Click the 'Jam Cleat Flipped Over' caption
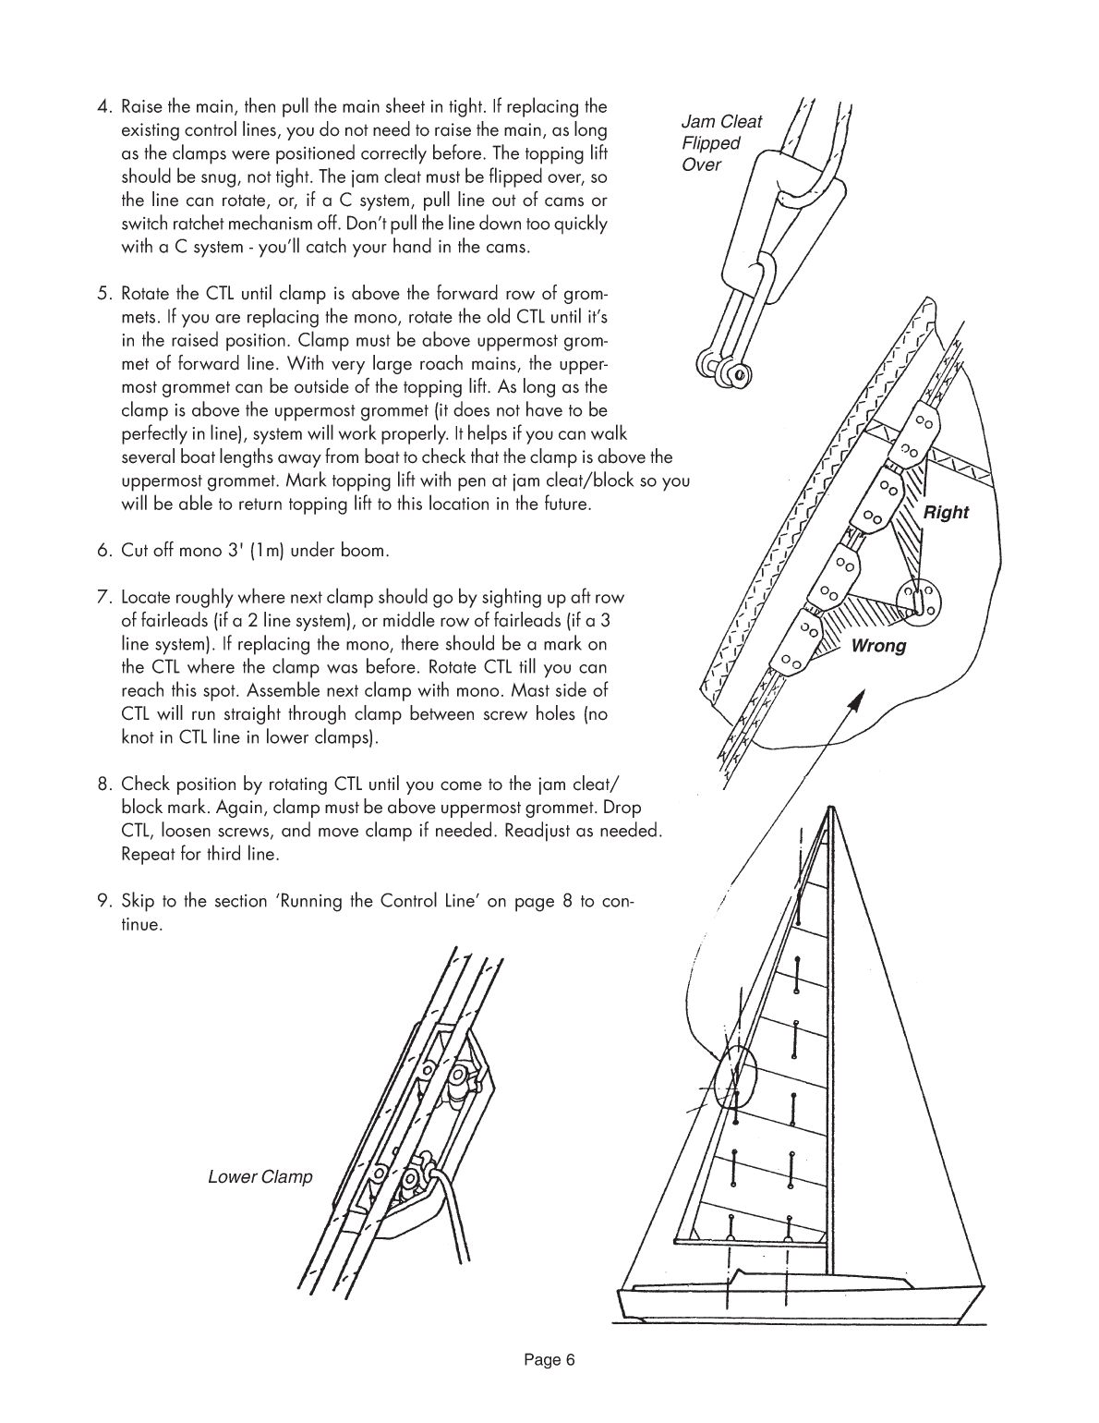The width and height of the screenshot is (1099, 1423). click(720, 143)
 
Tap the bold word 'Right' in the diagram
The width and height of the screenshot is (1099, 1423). click(946, 513)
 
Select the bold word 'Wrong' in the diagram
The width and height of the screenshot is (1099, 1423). click(878, 646)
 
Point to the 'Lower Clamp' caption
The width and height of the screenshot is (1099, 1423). click(260, 1177)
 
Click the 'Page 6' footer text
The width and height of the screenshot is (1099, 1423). click(549, 1359)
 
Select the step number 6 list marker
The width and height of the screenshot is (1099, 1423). click(104, 552)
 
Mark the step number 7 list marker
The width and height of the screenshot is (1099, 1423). click(104, 597)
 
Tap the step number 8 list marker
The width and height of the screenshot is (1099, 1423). click(104, 785)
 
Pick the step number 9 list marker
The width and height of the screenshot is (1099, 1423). click(104, 902)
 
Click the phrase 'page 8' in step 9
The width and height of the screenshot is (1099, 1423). click(532, 902)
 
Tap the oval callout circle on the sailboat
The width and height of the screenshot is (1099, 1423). click(735, 1076)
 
